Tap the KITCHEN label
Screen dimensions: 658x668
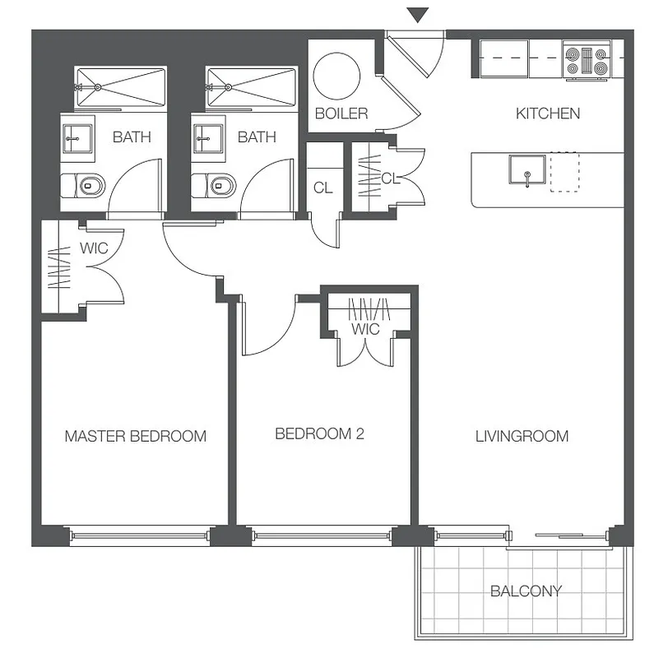[x=548, y=114]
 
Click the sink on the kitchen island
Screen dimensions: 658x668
[x=523, y=171]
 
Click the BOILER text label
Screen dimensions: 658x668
[x=341, y=114]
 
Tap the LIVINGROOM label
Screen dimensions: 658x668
[x=522, y=436]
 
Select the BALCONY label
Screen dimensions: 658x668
[x=526, y=591]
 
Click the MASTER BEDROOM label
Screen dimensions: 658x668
[x=135, y=436]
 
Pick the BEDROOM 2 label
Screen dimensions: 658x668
[x=319, y=434]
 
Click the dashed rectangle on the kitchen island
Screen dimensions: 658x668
[x=564, y=172]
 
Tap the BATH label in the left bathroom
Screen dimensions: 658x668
[x=132, y=137]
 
